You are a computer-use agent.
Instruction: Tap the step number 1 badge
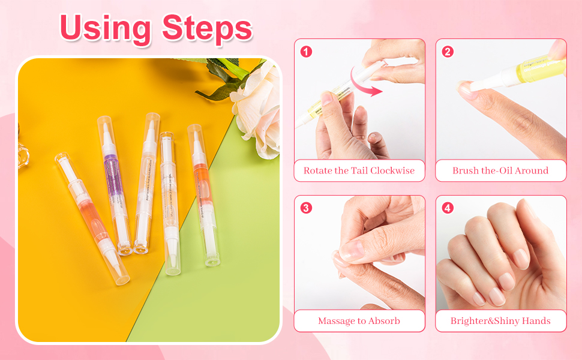pos(306,52)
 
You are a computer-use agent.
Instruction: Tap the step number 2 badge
pos(448,52)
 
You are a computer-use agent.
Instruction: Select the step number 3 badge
pos(306,208)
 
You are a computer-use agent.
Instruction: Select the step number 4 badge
pos(448,208)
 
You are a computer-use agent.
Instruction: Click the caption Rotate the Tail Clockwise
pos(359,170)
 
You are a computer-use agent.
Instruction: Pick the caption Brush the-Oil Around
pos(500,170)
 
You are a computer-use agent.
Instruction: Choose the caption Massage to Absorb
pos(359,321)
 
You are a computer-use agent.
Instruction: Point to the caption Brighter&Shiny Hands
pos(500,321)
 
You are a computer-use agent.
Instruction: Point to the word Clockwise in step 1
pos(392,170)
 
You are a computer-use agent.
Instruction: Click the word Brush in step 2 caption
pos(466,170)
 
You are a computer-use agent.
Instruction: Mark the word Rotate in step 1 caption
pos(318,170)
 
